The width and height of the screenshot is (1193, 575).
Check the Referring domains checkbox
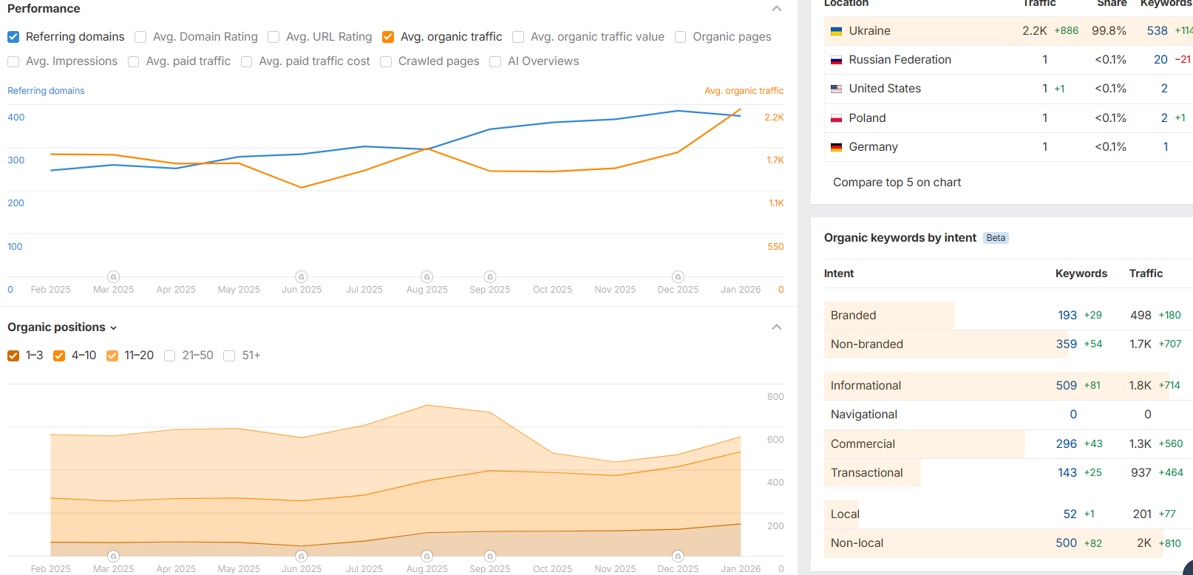[x=13, y=37]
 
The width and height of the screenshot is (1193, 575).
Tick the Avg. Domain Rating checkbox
[x=140, y=37]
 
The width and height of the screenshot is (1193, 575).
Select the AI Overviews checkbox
[x=495, y=61]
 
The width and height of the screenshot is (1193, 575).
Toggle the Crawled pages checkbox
[x=386, y=61]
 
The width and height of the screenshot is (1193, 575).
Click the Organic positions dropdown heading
[x=62, y=327]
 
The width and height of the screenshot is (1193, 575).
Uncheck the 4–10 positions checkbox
[x=59, y=355]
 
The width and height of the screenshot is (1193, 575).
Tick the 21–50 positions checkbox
[x=170, y=355]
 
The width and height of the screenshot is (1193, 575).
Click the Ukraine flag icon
[x=837, y=31]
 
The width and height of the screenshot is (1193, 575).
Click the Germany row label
[x=873, y=147]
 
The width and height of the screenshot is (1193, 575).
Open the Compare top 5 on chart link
[x=897, y=183]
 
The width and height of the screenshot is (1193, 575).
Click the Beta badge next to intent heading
[x=996, y=238]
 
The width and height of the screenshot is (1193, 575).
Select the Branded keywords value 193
[x=1067, y=316]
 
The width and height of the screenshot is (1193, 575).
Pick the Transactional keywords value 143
[x=1067, y=473]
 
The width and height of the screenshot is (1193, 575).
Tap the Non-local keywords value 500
[x=1066, y=543]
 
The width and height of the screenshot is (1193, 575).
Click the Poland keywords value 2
[x=1164, y=118]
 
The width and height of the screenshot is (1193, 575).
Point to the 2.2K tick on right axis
[x=774, y=118]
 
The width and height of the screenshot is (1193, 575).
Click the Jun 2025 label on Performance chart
[x=302, y=290]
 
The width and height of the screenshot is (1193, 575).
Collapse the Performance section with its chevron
[x=776, y=9]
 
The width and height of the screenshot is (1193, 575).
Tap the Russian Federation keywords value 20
[x=1160, y=60]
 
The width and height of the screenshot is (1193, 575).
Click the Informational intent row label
[x=866, y=386]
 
